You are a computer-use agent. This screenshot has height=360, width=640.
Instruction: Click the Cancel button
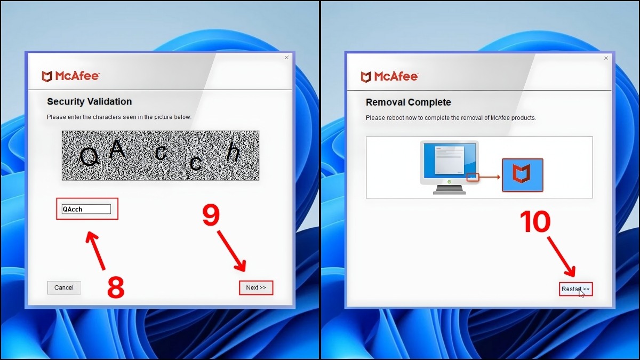point(64,287)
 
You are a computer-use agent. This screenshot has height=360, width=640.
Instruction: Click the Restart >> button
point(575,289)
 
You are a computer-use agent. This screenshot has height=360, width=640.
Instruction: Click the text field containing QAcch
point(86,209)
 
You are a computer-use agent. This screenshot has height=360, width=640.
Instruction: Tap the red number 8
point(116,288)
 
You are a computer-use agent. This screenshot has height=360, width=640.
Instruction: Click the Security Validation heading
point(89,101)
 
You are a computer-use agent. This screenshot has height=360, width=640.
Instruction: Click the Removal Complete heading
point(408,102)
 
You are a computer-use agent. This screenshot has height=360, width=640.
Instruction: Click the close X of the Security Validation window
point(286,58)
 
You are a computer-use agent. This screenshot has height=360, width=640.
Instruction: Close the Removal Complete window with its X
point(605,58)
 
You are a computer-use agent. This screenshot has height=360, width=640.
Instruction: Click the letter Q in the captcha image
point(89,156)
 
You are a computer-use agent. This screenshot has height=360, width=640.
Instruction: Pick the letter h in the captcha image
point(233,153)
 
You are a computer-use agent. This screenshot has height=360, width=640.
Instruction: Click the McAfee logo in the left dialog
point(70,76)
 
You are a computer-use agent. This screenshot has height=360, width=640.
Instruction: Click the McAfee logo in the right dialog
point(389,76)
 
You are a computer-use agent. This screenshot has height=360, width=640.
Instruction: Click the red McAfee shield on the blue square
point(522,174)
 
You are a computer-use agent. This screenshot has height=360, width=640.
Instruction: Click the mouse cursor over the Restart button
point(581,293)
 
